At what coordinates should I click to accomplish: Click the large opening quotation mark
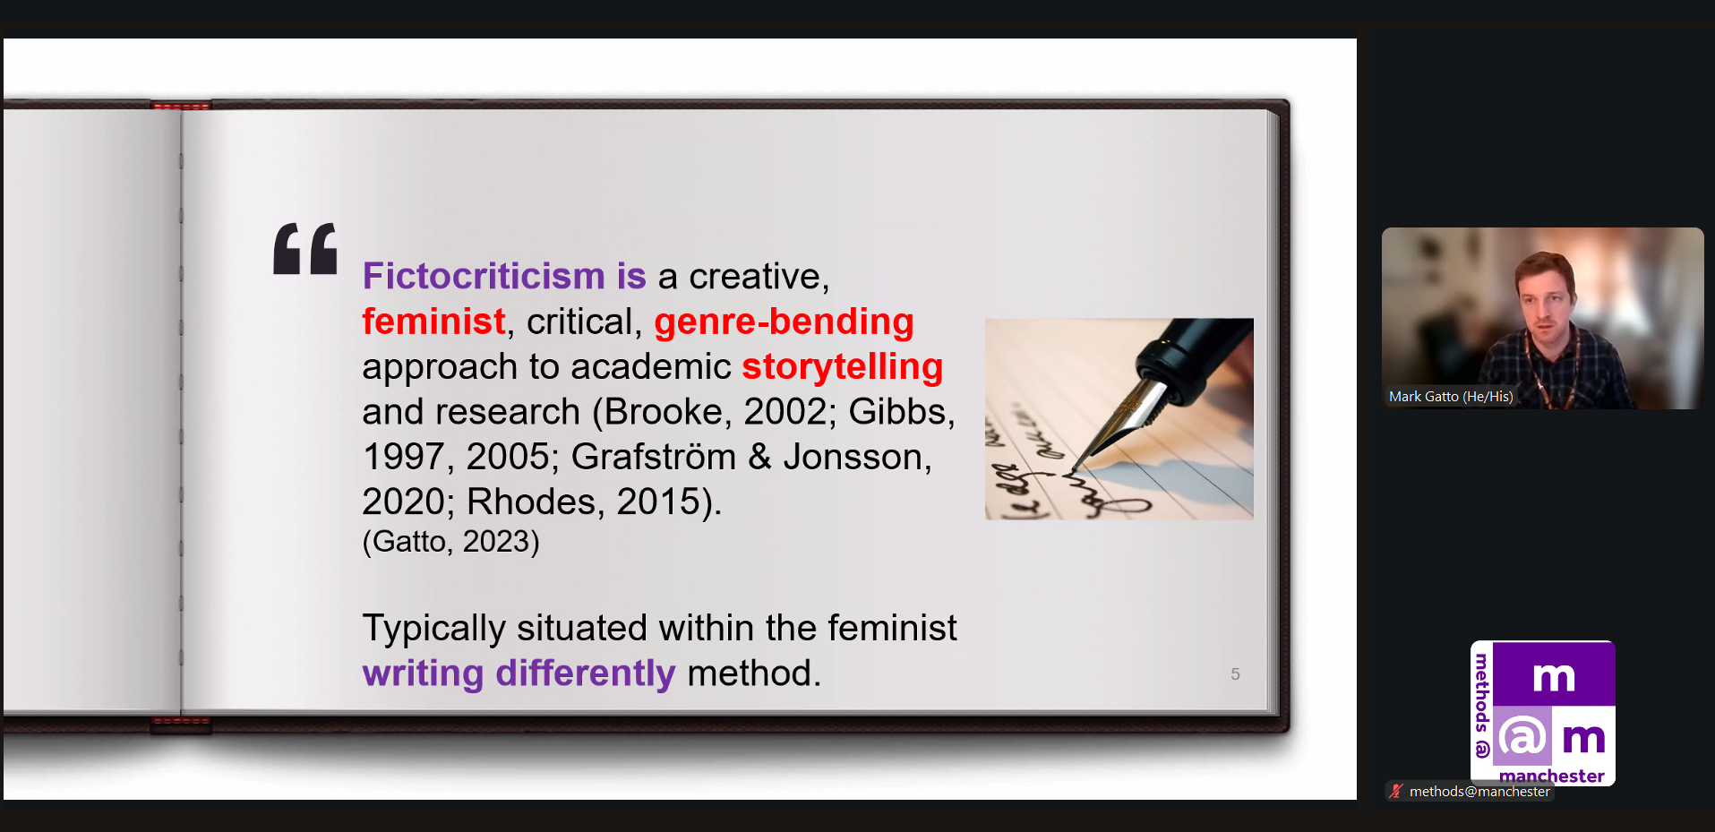click(x=305, y=248)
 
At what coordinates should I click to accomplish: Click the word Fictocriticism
click(x=484, y=276)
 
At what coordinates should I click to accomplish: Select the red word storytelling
click(x=842, y=367)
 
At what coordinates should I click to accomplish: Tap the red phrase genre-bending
click(x=784, y=322)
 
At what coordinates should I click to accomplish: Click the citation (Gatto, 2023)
click(x=450, y=542)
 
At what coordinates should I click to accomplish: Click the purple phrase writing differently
click(x=519, y=673)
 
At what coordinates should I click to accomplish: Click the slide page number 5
click(x=1235, y=674)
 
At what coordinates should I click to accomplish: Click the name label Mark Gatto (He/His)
click(x=1451, y=397)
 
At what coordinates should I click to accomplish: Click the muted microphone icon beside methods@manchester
click(x=1396, y=791)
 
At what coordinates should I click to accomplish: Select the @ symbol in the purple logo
click(x=1522, y=736)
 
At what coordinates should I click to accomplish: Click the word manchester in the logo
click(x=1552, y=776)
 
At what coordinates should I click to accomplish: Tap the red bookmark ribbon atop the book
click(x=181, y=106)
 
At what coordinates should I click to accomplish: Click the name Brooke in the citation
click(x=664, y=412)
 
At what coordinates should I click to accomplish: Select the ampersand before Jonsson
click(x=759, y=457)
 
